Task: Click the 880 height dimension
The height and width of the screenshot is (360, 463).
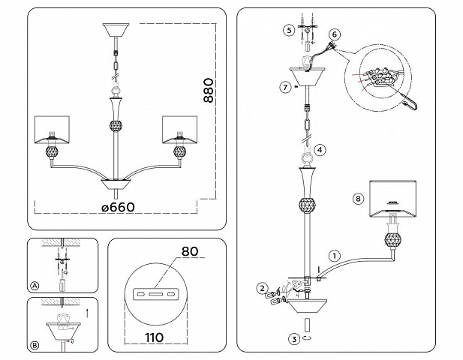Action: pos(208,90)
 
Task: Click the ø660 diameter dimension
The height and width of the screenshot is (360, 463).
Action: pos(118,207)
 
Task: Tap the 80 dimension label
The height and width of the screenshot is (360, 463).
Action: pos(190,251)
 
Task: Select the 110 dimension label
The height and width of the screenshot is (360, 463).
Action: pos(155,337)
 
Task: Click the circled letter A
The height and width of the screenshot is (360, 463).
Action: pos(35,286)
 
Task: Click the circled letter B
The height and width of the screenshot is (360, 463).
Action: pos(35,345)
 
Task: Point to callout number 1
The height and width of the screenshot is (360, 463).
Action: pos(334,256)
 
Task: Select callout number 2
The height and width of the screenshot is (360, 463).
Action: pos(263,288)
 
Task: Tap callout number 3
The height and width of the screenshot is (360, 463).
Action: pos(294,339)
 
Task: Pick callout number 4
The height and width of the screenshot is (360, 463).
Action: pos(320,150)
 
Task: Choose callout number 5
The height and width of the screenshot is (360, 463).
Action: pos(289,30)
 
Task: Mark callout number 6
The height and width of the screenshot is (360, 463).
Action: pos(335,34)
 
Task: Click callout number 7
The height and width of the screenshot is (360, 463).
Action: pos(285,87)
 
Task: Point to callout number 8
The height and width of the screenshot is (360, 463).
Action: pos(358,199)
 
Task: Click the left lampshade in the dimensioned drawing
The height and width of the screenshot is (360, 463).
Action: pos(53,130)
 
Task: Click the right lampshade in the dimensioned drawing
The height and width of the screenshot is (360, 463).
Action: pos(180,130)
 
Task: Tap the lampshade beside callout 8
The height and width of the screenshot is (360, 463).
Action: pos(392,198)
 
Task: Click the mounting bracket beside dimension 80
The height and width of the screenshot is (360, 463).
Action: pos(155,294)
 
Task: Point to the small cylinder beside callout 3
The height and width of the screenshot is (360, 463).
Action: pos(308,325)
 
